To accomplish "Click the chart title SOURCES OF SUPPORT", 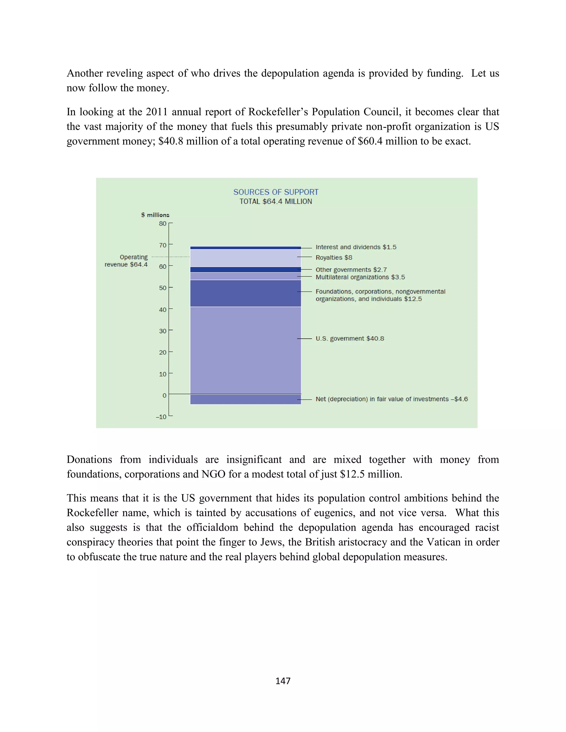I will tap(276, 192).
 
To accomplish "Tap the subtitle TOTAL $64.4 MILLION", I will tap(276, 201).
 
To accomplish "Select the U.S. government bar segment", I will tap(245, 350).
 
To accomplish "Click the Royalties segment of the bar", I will tap(245, 258).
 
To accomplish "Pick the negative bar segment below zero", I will tap(245, 399).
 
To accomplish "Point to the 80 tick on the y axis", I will tap(163, 223).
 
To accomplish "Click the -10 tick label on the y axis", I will tap(161, 417).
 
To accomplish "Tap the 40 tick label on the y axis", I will tap(163, 309).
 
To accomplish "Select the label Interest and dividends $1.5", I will tap(356, 247).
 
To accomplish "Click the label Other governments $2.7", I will tap(351, 270).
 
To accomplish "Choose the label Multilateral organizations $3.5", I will tap(360, 277).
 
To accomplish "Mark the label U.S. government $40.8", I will tap(350, 339).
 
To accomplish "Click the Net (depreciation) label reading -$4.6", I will tap(391, 399).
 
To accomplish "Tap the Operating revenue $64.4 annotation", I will tap(126, 261).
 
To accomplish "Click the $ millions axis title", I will tap(155, 215).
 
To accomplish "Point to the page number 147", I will tap(283, 681).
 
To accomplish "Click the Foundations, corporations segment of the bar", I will tap(245, 293).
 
